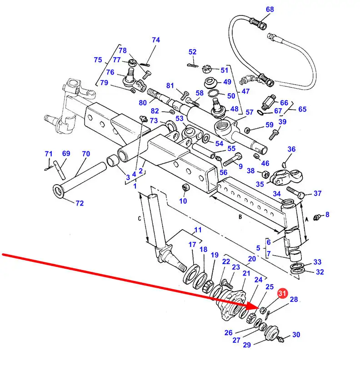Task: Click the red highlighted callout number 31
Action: click(x=282, y=293)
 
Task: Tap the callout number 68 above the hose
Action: click(x=270, y=10)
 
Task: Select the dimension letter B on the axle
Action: click(x=240, y=217)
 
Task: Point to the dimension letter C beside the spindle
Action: click(x=140, y=219)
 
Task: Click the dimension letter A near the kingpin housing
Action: click(x=306, y=220)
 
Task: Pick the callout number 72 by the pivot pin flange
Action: click(x=80, y=203)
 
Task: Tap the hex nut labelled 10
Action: click(x=185, y=187)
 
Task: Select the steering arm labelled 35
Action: click(x=286, y=178)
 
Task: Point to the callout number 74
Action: click(x=156, y=40)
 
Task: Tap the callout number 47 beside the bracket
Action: click(x=245, y=91)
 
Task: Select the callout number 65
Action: click(x=302, y=109)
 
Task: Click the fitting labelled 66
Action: click(x=269, y=102)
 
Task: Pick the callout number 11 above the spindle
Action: click(x=198, y=230)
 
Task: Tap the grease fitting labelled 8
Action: click(x=317, y=217)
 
